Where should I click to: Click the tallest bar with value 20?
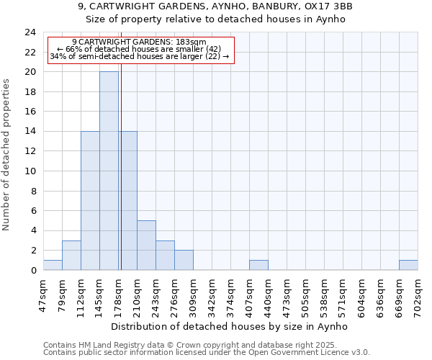click(x=109, y=171)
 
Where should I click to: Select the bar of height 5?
click(x=146, y=245)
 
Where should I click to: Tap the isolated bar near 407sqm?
click(x=258, y=265)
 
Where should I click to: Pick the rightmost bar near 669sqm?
click(x=408, y=265)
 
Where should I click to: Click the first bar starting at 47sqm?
click(x=53, y=265)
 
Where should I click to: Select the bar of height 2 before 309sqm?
click(x=184, y=260)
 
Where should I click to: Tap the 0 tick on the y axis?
click(x=32, y=271)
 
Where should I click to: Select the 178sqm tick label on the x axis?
click(x=118, y=294)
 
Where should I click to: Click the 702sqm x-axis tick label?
click(x=418, y=294)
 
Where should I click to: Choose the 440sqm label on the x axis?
click(x=268, y=294)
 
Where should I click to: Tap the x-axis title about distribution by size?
click(x=230, y=326)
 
